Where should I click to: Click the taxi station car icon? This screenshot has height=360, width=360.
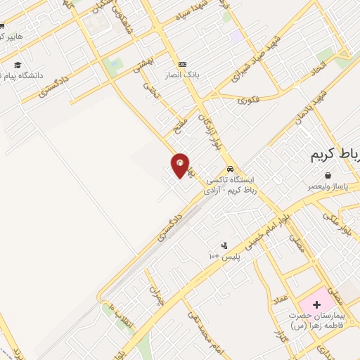point(231,169)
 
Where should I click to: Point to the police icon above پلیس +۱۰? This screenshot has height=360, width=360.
point(224,245)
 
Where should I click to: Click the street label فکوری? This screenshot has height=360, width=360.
point(247,100)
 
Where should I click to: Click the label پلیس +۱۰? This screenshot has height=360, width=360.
point(224,257)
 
